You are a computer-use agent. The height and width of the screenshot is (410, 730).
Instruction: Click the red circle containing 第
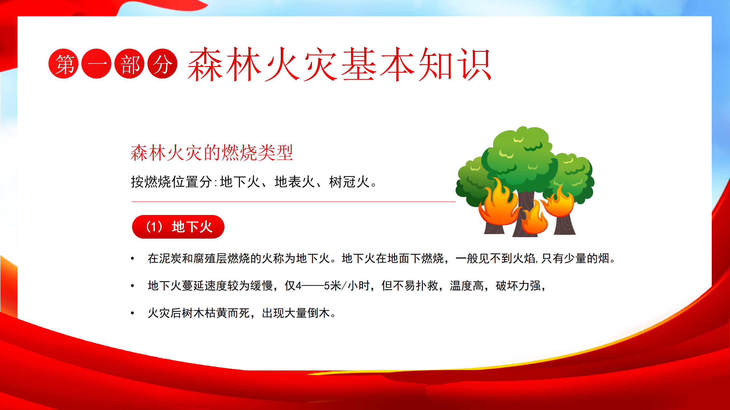[x=63, y=63]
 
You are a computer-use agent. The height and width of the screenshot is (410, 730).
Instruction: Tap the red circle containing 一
[x=96, y=63]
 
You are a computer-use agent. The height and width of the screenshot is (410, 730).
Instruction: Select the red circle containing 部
[x=129, y=63]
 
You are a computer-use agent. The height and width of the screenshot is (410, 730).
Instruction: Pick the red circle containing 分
[x=163, y=63]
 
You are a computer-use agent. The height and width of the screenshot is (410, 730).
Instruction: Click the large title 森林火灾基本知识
[x=339, y=64]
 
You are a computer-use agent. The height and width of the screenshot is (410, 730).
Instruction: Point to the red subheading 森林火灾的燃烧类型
[x=212, y=153]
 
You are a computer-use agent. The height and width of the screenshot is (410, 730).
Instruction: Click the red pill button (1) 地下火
[x=178, y=227]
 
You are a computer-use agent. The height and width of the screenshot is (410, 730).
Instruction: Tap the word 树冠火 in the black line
[x=349, y=182]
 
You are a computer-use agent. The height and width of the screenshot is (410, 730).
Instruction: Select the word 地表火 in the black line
[x=295, y=182]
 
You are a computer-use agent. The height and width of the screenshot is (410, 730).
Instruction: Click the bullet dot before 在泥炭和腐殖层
[x=132, y=259]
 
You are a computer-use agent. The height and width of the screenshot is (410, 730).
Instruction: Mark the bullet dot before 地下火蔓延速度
[x=132, y=286]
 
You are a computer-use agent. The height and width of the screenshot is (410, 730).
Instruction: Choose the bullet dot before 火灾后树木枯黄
[x=132, y=313]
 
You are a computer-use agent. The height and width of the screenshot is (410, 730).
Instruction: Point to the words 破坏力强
[x=518, y=286]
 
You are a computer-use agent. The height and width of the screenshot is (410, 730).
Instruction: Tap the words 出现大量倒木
[x=296, y=313]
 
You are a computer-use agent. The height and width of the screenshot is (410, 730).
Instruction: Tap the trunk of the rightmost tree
[x=565, y=225]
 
